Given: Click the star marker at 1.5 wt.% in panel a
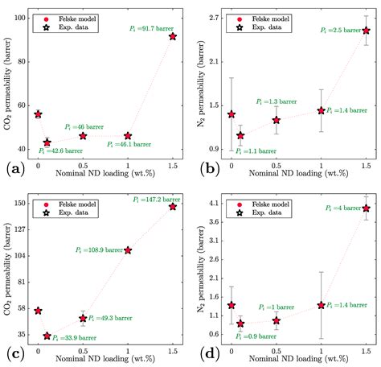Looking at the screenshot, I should [x=173, y=37].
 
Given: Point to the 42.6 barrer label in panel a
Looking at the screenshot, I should [x=61, y=150].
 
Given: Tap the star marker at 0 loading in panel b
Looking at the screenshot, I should [x=231, y=114].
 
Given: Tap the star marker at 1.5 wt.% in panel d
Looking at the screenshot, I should [x=367, y=208].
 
